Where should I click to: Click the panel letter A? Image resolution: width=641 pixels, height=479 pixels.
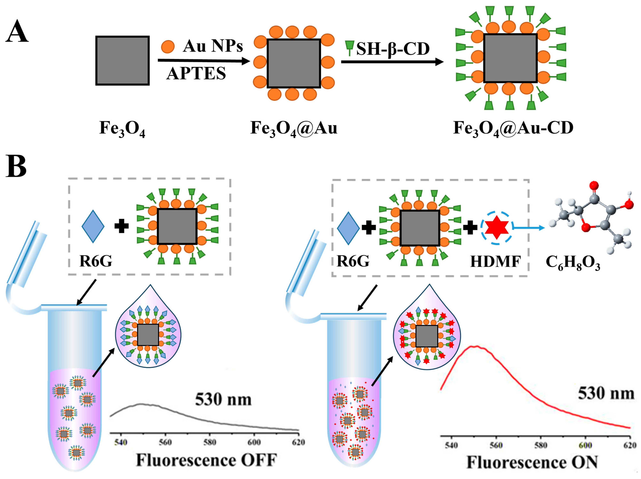pos(17,32)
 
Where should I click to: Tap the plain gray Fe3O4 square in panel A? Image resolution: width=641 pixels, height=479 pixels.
pos(123,61)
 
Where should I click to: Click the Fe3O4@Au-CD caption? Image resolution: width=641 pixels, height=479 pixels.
pos(513,128)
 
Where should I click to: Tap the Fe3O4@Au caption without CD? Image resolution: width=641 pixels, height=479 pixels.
pos(294,128)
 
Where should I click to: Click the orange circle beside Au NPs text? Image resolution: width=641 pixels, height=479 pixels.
pos(168,47)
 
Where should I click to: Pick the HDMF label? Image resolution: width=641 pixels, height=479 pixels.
pos(496,262)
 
